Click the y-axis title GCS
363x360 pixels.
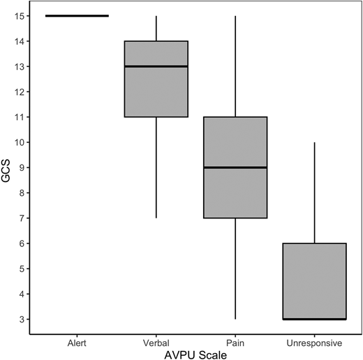click(7, 167)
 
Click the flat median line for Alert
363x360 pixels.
click(77, 15)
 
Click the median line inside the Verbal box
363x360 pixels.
click(156, 66)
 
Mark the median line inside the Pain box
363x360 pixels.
click(235, 167)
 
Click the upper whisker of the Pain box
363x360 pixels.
click(235, 66)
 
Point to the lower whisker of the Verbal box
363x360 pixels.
click(156, 167)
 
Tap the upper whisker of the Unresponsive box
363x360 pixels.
click(314, 193)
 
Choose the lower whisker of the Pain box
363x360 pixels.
click(235, 269)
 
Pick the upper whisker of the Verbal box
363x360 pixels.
click(156, 28)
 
